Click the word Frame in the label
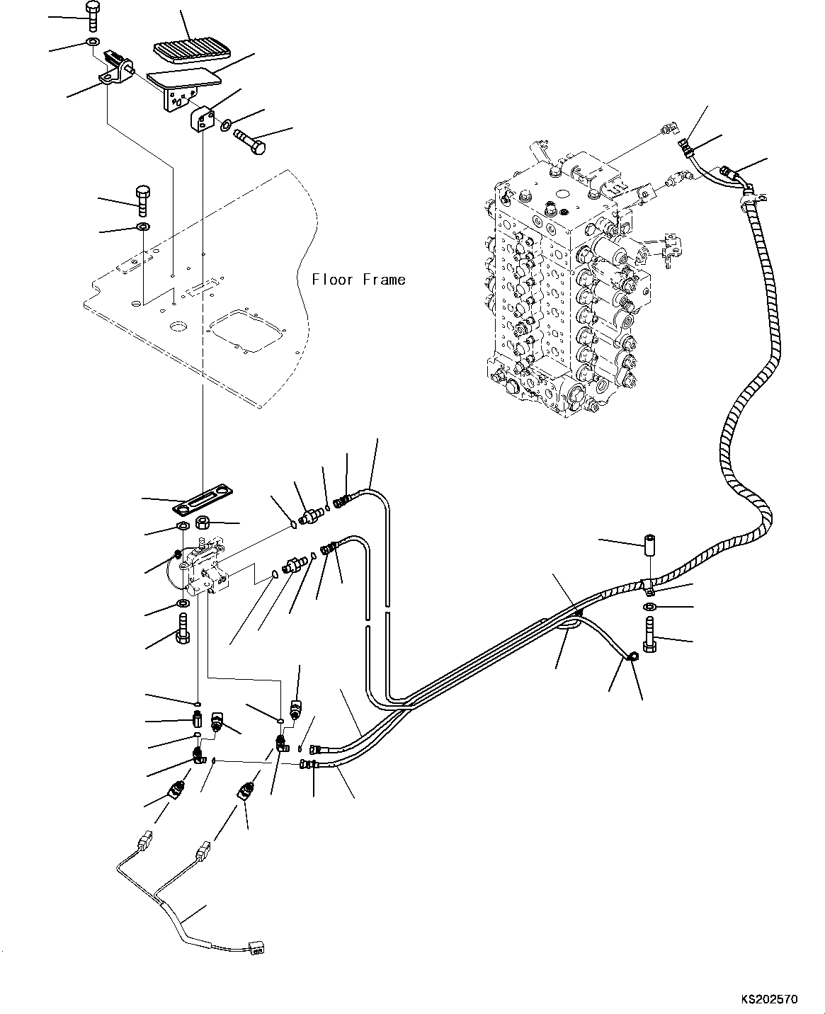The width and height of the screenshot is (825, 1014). point(385,280)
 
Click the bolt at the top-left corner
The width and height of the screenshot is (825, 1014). point(91,16)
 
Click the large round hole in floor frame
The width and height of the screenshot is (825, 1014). point(179,326)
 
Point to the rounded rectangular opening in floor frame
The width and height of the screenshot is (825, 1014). point(245,331)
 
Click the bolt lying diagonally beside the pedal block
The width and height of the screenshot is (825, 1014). point(249,142)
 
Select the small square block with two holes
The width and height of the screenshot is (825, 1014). point(201,119)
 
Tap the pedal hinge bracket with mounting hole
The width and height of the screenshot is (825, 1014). point(115,72)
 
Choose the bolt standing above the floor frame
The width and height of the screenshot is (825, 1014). point(143,201)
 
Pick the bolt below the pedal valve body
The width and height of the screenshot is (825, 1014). point(183,628)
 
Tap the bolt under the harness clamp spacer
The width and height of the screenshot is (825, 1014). point(650,634)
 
